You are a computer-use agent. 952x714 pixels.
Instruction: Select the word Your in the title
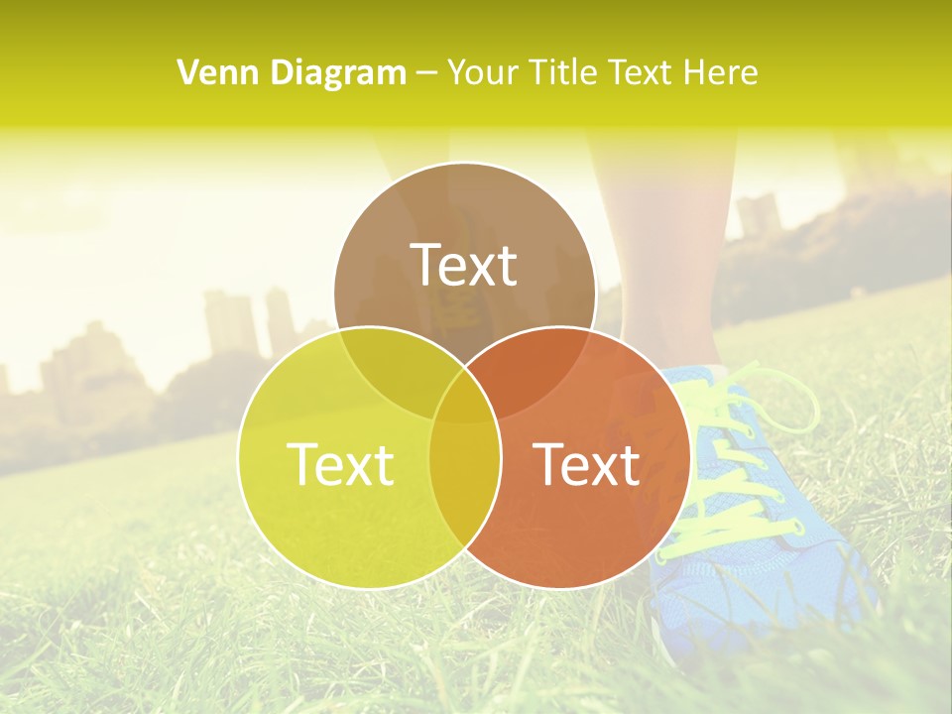pyautogui.click(x=484, y=72)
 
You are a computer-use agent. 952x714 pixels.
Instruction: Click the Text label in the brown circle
pyautogui.click(x=464, y=265)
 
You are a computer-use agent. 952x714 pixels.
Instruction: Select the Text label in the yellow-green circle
pyautogui.click(x=340, y=464)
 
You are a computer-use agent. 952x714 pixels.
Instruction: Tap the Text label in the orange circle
pyautogui.click(x=587, y=464)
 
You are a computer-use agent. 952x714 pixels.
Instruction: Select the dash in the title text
pyautogui.click(x=426, y=73)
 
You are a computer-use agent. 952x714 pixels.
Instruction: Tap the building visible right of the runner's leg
pyautogui.click(x=758, y=214)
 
